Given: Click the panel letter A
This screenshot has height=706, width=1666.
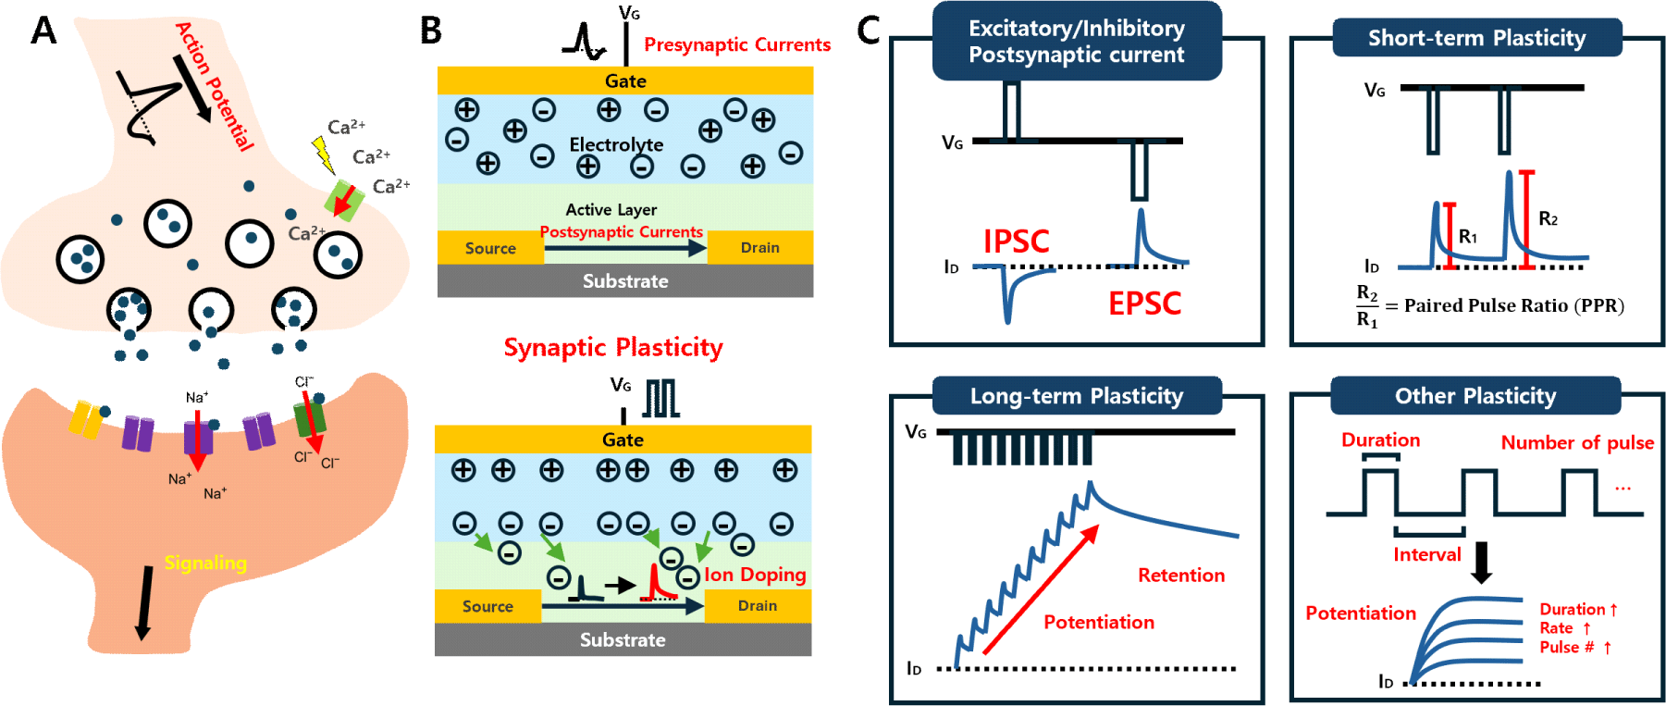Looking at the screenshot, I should click(x=43, y=31).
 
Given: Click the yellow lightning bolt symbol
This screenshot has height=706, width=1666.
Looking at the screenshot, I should click(x=323, y=155).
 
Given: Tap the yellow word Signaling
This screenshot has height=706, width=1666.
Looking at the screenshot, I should click(x=205, y=563).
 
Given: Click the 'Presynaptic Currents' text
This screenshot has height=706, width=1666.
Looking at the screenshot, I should click(x=736, y=44).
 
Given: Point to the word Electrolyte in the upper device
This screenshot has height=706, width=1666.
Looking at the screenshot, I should click(x=616, y=144).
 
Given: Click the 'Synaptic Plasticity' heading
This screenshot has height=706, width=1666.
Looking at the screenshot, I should click(x=612, y=347).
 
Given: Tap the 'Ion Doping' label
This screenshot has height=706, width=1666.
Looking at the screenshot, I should click(x=755, y=575).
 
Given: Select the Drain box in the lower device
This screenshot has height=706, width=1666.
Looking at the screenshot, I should click(x=758, y=606).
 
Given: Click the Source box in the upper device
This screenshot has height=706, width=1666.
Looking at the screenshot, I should click(x=490, y=248).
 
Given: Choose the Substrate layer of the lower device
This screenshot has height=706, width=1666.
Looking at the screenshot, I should click(x=623, y=639).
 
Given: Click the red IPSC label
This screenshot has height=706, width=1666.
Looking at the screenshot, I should click(x=1016, y=242).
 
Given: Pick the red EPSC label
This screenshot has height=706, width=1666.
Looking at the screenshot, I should click(x=1144, y=303).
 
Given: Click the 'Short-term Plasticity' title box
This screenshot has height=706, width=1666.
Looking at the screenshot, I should click(x=1476, y=38).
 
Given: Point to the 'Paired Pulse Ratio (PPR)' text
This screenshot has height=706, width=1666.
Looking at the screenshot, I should click(x=1513, y=305).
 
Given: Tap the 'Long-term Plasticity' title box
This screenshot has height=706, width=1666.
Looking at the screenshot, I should click(x=1076, y=396).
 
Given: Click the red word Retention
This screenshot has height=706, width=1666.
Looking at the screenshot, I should click(x=1180, y=576).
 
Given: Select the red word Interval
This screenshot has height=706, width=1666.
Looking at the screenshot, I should click(x=1426, y=554).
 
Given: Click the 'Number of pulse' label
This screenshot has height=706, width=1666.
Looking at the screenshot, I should click(x=1576, y=442).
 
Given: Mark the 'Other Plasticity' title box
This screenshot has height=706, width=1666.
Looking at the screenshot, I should click(x=1475, y=396).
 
